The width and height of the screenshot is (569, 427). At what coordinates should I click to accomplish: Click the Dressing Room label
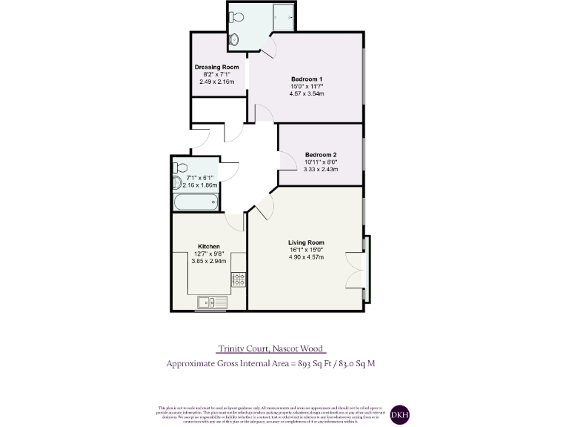(216, 67)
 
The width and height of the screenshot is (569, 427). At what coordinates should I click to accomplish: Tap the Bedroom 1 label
(307, 79)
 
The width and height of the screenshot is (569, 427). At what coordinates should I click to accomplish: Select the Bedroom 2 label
(320, 154)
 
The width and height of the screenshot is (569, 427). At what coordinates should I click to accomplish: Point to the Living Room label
(306, 242)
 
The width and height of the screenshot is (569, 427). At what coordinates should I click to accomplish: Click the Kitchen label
(208, 246)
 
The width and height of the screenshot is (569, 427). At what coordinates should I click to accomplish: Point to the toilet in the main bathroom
(177, 182)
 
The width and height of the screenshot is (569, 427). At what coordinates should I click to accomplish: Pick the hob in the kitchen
(239, 279)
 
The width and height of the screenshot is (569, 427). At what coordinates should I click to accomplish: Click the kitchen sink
(211, 302)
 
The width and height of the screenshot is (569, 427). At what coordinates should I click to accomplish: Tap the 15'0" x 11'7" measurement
(307, 86)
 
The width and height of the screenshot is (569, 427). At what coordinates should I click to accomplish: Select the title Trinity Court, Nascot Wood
(271, 348)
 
